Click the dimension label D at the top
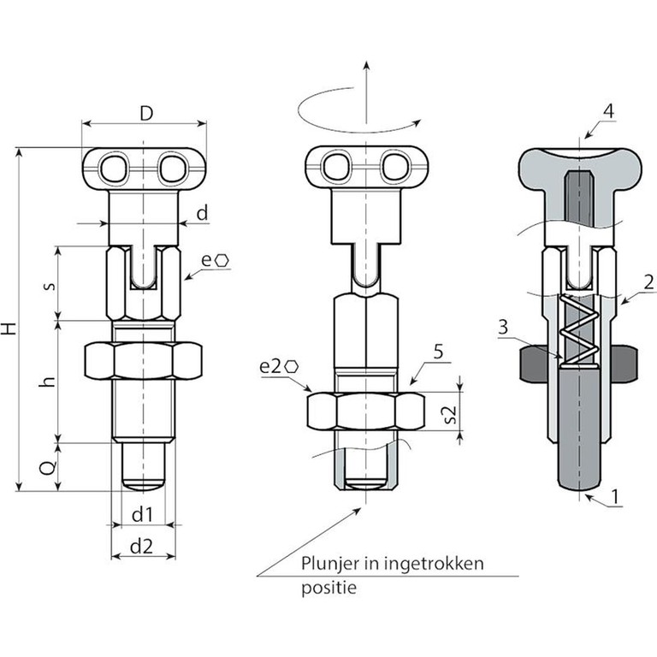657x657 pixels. tap(146, 113)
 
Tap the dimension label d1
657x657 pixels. tap(142, 515)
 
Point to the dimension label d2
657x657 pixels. tap(142, 547)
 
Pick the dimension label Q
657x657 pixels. tap(47, 468)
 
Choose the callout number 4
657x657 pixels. tap(608, 111)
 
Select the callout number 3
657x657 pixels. tap(503, 327)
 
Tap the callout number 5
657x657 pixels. tap(438, 352)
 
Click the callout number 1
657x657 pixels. tap(615, 497)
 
